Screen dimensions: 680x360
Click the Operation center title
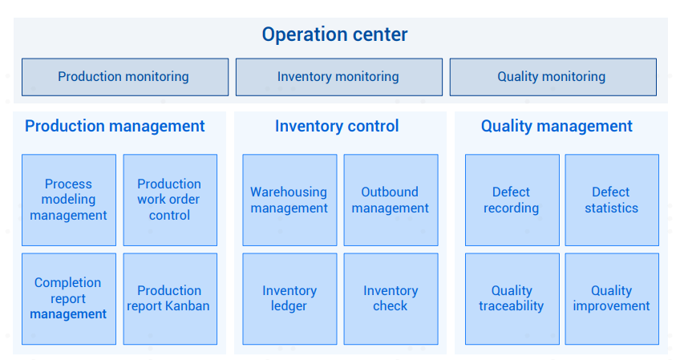pyautogui.click(x=335, y=34)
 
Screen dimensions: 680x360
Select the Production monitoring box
pyautogui.click(x=125, y=77)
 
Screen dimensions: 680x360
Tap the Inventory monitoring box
pyautogui.click(x=339, y=77)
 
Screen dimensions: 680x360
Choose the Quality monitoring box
pyautogui.click(x=553, y=77)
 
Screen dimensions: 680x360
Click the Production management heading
pyautogui.click(x=115, y=126)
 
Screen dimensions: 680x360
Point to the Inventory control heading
pyautogui.click(x=337, y=126)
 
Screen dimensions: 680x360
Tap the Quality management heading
pyautogui.click(x=557, y=126)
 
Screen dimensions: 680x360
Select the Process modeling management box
pyautogui.click(x=69, y=200)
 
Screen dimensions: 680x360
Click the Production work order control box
pyautogui.click(x=170, y=200)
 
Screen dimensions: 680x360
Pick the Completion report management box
pyautogui.click(x=69, y=299)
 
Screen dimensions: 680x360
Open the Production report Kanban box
pyautogui.click(x=170, y=299)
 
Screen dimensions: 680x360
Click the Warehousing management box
pyautogui.click(x=289, y=200)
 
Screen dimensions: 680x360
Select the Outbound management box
pyautogui.click(x=391, y=200)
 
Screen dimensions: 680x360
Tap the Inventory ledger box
pyautogui.click(x=289, y=299)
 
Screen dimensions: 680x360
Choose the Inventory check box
pyautogui.click(x=391, y=299)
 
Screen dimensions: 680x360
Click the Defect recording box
pyautogui.click(x=512, y=200)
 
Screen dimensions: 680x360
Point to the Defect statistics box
pyautogui.click(x=612, y=200)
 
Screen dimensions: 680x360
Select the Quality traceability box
pyautogui.click(x=512, y=299)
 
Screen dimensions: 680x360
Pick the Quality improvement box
pyautogui.click(x=612, y=299)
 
